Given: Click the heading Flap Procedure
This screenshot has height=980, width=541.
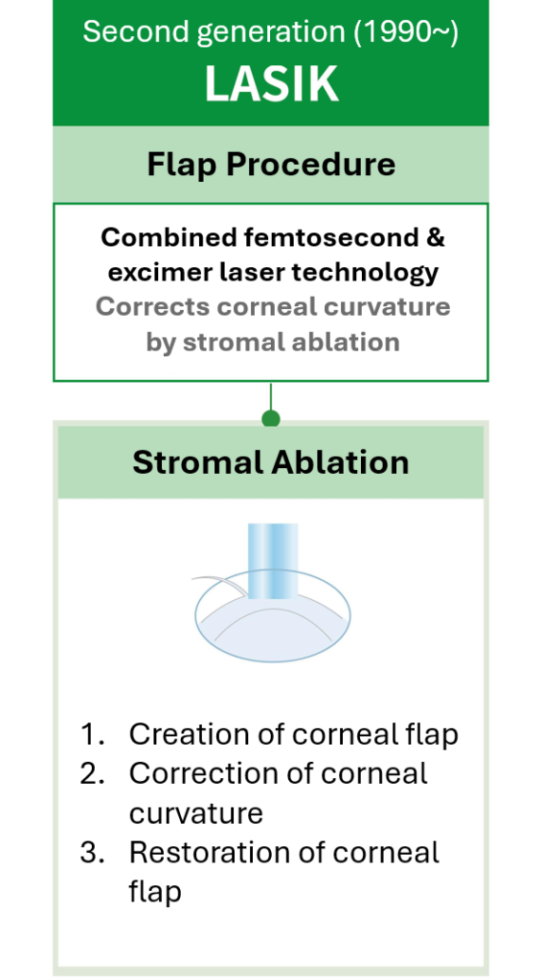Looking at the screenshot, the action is tap(271, 165).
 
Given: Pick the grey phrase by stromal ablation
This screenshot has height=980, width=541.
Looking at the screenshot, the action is tap(273, 342).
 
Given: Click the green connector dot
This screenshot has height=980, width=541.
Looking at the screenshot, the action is tap(271, 418).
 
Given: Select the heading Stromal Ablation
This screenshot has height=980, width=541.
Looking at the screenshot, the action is tap(271, 462).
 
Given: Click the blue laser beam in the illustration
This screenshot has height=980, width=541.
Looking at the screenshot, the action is tap(273, 560).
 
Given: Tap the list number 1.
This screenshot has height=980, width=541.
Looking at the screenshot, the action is tap(91, 734).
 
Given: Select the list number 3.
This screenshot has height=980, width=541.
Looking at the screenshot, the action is tap(92, 853).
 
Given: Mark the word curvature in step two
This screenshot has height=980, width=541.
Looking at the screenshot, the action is tap(195, 813).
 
